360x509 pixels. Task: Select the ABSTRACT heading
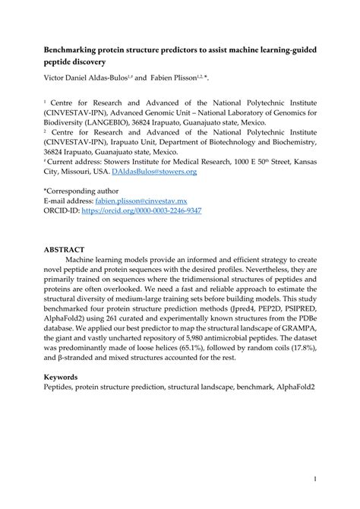click(65, 249)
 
